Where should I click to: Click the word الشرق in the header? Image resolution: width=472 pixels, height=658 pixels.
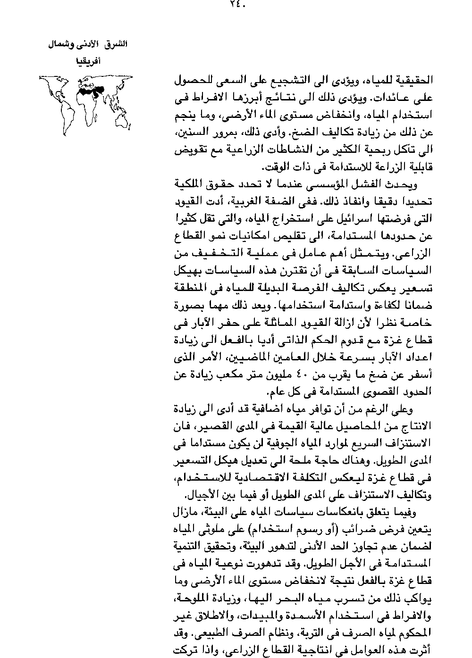116,45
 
